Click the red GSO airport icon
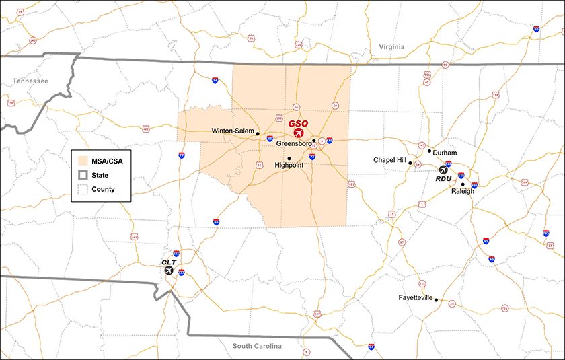click(x=298, y=133)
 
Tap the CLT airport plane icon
click(x=169, y=270)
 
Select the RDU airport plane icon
click(x=443, y=170)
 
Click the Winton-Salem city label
click(x=232, y=131)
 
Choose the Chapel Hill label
click(x=390, y=160)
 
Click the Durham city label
click(x=445, y=153)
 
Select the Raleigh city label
click(x=463, y=192)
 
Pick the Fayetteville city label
click(x=415, y=297)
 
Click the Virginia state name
click(x=391, y=47)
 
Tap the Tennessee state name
click(x=30, y=81)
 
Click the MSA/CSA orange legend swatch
click(x=83, y=161)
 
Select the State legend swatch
click(x=83, y=176)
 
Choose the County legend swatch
click(x=83, y=190)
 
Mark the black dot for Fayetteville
click(x=436, y=299)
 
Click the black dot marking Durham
click(x=429, y=151)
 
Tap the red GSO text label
click(x=298, y=124)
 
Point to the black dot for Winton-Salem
click(x=258, y=134)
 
